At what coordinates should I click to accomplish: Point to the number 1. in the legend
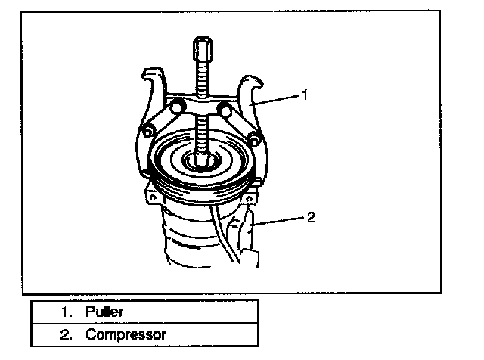68,311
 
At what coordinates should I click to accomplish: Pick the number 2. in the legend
68,334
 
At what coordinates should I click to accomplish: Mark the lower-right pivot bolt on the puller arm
256,138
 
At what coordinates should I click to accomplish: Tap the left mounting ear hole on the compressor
151,198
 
